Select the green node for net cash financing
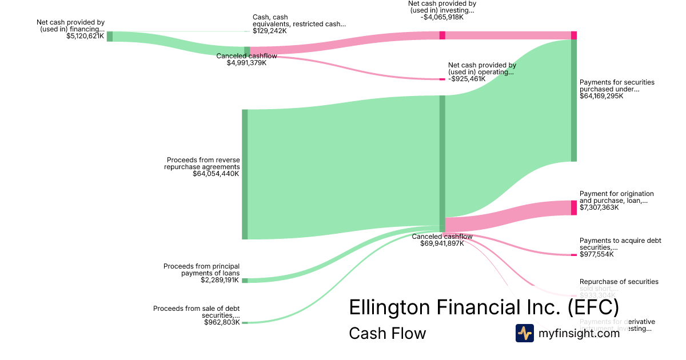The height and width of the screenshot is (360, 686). (110, 37)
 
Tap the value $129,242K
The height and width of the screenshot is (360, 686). (270, 31)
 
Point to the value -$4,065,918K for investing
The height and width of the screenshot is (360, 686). (441, 17)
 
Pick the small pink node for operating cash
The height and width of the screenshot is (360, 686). (442, 79)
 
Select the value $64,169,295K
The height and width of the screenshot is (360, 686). (601, 96)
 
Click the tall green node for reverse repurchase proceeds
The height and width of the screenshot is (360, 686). (245, 174)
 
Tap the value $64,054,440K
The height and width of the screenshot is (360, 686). (216, 174)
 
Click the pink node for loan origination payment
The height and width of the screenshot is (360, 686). (574, 207)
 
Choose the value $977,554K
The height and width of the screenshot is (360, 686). (597, 254)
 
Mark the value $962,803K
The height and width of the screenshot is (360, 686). (222, 322)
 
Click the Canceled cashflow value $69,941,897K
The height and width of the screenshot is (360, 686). (442, 243)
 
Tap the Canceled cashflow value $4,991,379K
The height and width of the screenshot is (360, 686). (246, 63)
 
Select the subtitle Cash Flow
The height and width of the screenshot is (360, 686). (387, 333)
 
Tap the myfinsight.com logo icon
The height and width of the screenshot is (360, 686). (524, 333)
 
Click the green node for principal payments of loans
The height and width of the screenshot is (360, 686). (245, 281)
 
